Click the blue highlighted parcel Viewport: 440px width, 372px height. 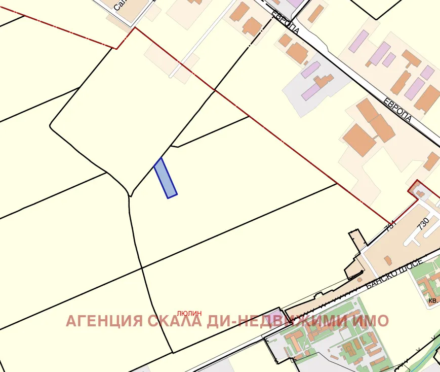[x=166, y=178]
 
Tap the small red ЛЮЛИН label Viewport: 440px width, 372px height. [x=189, y=314]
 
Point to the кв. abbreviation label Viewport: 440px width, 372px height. [x=433, y=300]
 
